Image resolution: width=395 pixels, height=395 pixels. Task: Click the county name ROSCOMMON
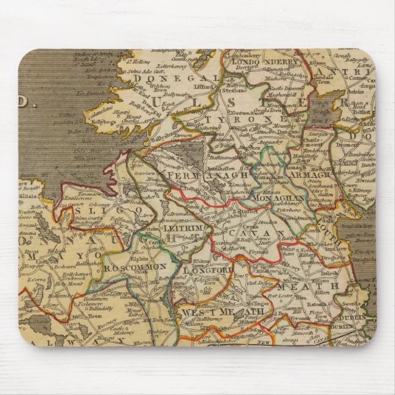coord(135,267)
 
